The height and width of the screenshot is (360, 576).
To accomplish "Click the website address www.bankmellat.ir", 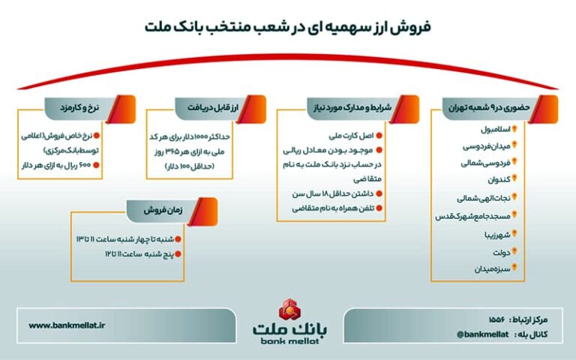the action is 67,325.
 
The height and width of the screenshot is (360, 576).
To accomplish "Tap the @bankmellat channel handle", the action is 483,334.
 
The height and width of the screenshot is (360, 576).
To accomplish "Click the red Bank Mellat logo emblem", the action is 289,310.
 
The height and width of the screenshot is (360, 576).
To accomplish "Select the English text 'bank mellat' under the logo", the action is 289,341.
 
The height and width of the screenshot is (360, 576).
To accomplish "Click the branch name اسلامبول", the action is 496,129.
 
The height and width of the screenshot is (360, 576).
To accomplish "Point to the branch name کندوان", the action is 499,180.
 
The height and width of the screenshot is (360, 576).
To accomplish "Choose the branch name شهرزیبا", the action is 497,235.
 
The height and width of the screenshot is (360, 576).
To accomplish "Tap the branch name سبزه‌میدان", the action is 492,269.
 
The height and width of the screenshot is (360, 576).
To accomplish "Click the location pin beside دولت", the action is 514,252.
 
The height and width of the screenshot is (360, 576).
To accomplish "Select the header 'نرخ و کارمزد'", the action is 79,108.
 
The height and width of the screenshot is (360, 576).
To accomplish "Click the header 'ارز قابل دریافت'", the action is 213,108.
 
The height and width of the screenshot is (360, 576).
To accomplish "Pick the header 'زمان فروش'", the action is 163,211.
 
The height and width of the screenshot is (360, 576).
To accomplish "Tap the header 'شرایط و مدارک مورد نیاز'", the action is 352,108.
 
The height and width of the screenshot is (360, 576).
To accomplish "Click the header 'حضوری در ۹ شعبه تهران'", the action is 488,108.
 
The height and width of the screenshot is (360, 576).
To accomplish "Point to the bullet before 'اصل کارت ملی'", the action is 379,136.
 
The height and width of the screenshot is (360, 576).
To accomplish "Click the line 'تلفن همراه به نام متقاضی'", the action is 333,208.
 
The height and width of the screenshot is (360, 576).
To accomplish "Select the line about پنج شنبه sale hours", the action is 139,254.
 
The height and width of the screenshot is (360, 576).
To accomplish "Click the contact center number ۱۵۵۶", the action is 497,319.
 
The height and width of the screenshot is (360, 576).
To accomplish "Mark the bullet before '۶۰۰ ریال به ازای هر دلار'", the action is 96,165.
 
